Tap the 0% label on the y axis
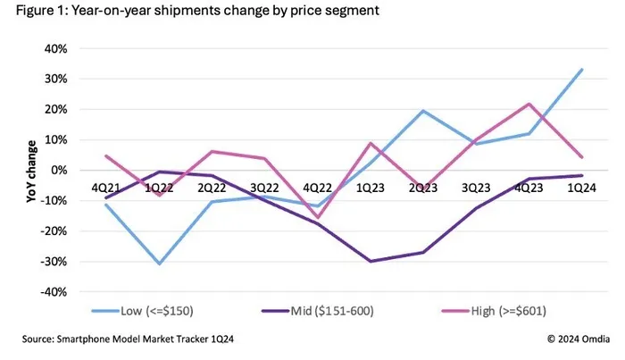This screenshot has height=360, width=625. pyautogui.click(x=58, y=170)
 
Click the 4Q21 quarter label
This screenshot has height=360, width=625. pyautogui.click(x=107, y=188)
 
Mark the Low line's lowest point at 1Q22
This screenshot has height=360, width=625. pyautogui.click(x=160, y=264)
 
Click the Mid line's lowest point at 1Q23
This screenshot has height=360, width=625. pyautogui.click(x=369, y=262)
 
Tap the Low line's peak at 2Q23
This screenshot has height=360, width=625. pyautogui.click(x=421, y=111)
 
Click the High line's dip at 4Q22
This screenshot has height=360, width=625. pyautogui.click(x=317, y=217)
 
